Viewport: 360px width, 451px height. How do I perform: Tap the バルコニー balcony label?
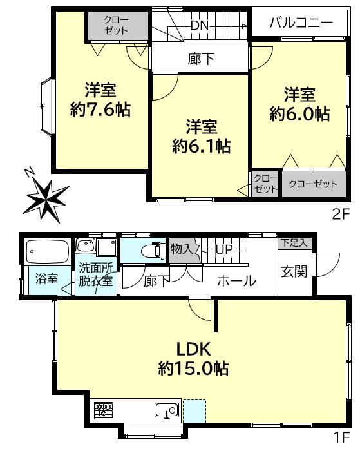pos(301,22)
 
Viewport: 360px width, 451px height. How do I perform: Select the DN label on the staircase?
pos(200,26)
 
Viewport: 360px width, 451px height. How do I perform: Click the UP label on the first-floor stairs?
pos(224,249)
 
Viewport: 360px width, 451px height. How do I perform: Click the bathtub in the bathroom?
pos(48,251)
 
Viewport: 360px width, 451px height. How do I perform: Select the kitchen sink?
pos(167,410)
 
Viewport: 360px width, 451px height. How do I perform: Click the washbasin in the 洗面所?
pos(86,247)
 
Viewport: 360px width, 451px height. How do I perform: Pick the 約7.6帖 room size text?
pos(100,110)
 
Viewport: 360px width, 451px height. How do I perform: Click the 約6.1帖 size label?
pos(202,146)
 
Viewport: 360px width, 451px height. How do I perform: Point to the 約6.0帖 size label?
pos(299,113)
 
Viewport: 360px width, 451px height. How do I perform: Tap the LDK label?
pos(194,349)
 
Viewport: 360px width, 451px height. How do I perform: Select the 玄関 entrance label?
pos(294,271)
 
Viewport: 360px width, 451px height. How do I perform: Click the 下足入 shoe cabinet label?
pos(294,243)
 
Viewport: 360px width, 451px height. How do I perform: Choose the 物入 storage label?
pos(182,249)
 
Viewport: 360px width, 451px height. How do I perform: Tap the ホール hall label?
pos(236,280)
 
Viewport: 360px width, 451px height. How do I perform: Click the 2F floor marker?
pos(341,215)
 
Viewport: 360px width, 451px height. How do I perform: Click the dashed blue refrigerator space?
pos(194,411)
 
